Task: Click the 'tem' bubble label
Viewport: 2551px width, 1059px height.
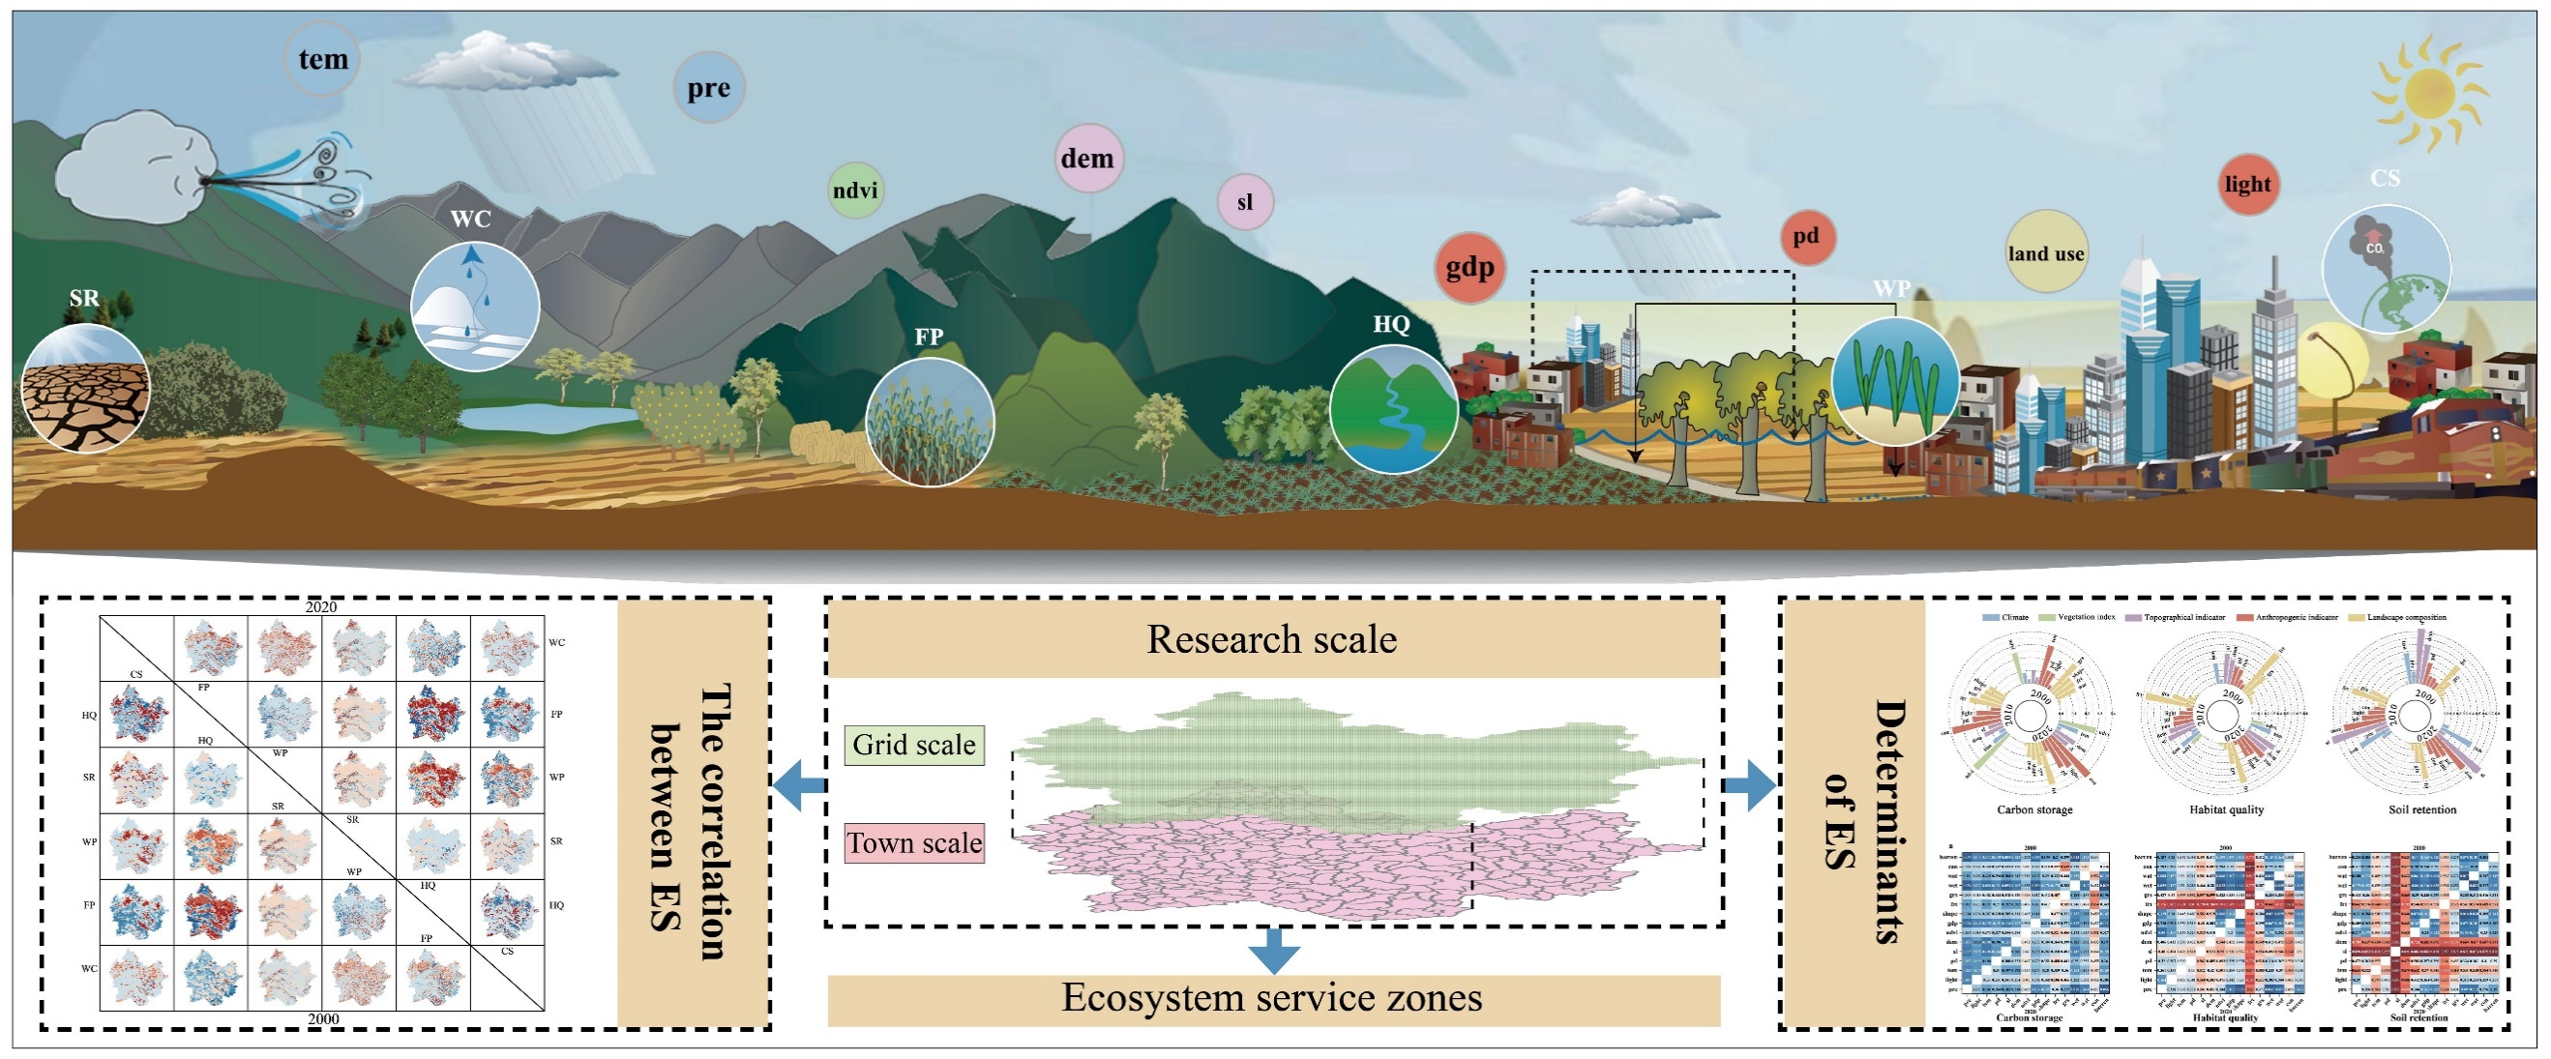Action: coord(323,59)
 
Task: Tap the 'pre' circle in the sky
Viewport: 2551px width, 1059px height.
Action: coord(709,87)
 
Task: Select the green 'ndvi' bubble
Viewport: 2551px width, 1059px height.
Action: coord(854,190)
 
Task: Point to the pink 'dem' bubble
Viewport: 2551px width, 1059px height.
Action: coord(1088,159)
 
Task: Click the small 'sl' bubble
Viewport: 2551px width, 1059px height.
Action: coord(1245,202)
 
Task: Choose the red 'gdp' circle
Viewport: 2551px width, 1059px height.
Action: coord(1469,267)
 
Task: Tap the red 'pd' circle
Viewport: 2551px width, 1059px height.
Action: coord(1806,237)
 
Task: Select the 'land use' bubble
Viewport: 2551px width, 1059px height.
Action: coord(2046,252)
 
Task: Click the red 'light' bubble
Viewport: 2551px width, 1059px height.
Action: coord(2247,184)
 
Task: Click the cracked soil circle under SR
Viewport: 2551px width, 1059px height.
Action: coord(85,388)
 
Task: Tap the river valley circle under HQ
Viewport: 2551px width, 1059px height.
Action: coord(1393,409)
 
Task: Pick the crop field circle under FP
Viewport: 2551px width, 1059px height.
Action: coord(929,423)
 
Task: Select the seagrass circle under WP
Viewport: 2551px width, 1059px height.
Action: coord(1894,380)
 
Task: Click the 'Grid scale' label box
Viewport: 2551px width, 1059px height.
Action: coord(914,745)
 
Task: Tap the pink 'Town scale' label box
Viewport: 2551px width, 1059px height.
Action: coord(914,842)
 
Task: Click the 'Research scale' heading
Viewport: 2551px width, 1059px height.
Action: coord(1271,639)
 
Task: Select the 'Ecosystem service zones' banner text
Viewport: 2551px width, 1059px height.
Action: coord(1271,998)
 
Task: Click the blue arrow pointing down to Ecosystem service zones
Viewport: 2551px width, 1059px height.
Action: coord(1273,950)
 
